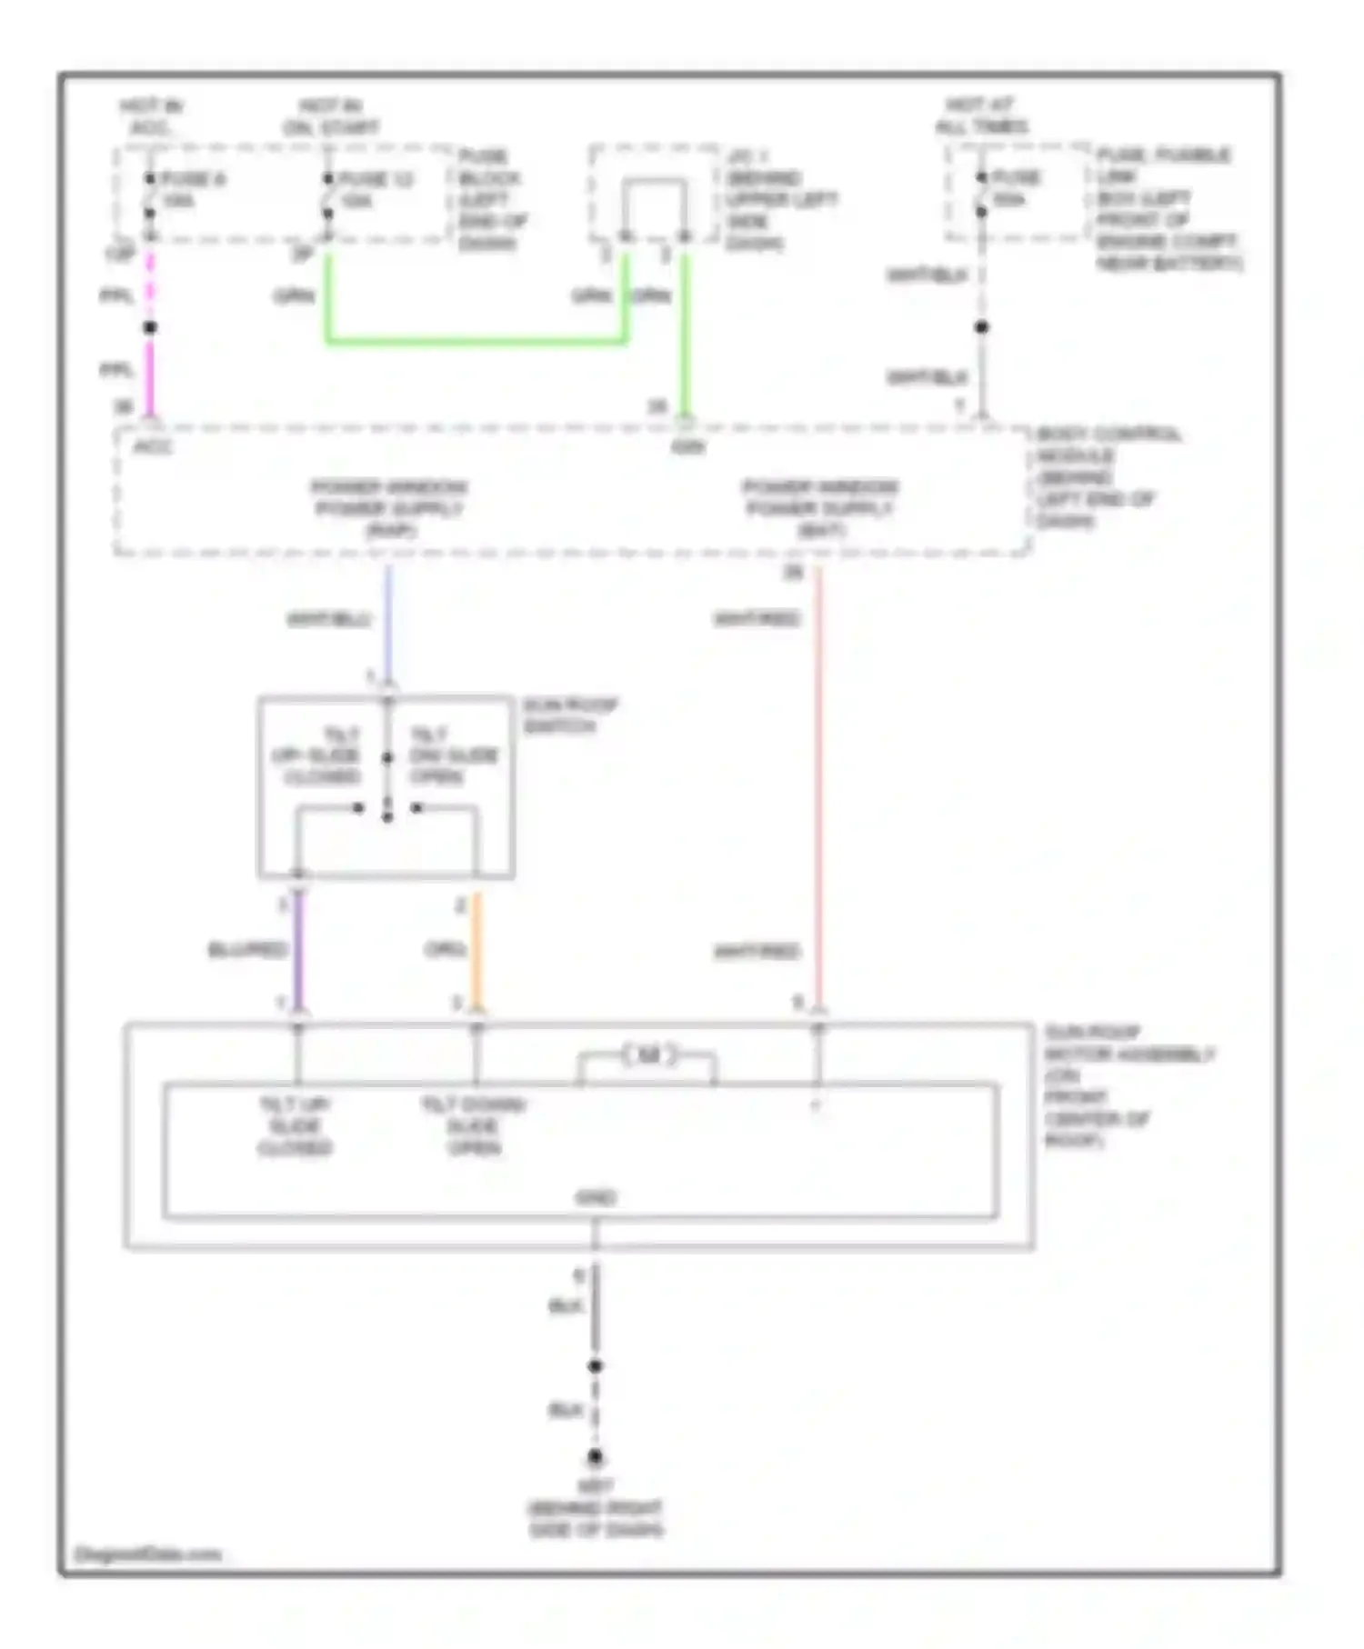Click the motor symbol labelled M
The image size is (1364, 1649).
(x=648, y=1055)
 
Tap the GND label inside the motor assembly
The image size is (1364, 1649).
(x=596, y=1198)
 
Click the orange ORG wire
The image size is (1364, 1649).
(x=476, y=950)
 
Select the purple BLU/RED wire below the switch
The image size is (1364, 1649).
(x=297, y=950)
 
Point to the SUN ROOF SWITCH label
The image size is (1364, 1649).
(x=570, y=715)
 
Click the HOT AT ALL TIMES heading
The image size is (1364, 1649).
(x=982, y=115)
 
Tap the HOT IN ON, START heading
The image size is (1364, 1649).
(x=331, y=116)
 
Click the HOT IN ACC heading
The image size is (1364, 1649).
(x=151, y=116)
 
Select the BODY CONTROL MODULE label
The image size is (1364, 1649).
(x=1108, y=476)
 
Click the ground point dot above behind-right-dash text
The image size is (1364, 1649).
(x=596, y=1456)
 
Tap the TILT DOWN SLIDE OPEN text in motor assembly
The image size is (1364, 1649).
(x=474, y=1125)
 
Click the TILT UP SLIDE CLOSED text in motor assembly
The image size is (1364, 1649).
(x=295, y=1125)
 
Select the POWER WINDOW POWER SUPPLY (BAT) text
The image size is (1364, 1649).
(x=820, y=507)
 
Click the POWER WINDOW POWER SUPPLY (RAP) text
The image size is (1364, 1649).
(x=389, y=507)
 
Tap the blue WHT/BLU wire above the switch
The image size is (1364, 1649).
(x=388, y=623)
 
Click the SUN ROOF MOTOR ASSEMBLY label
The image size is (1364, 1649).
(x=1128, y=1085)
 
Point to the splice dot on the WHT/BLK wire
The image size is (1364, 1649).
(x=981, y=326)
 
